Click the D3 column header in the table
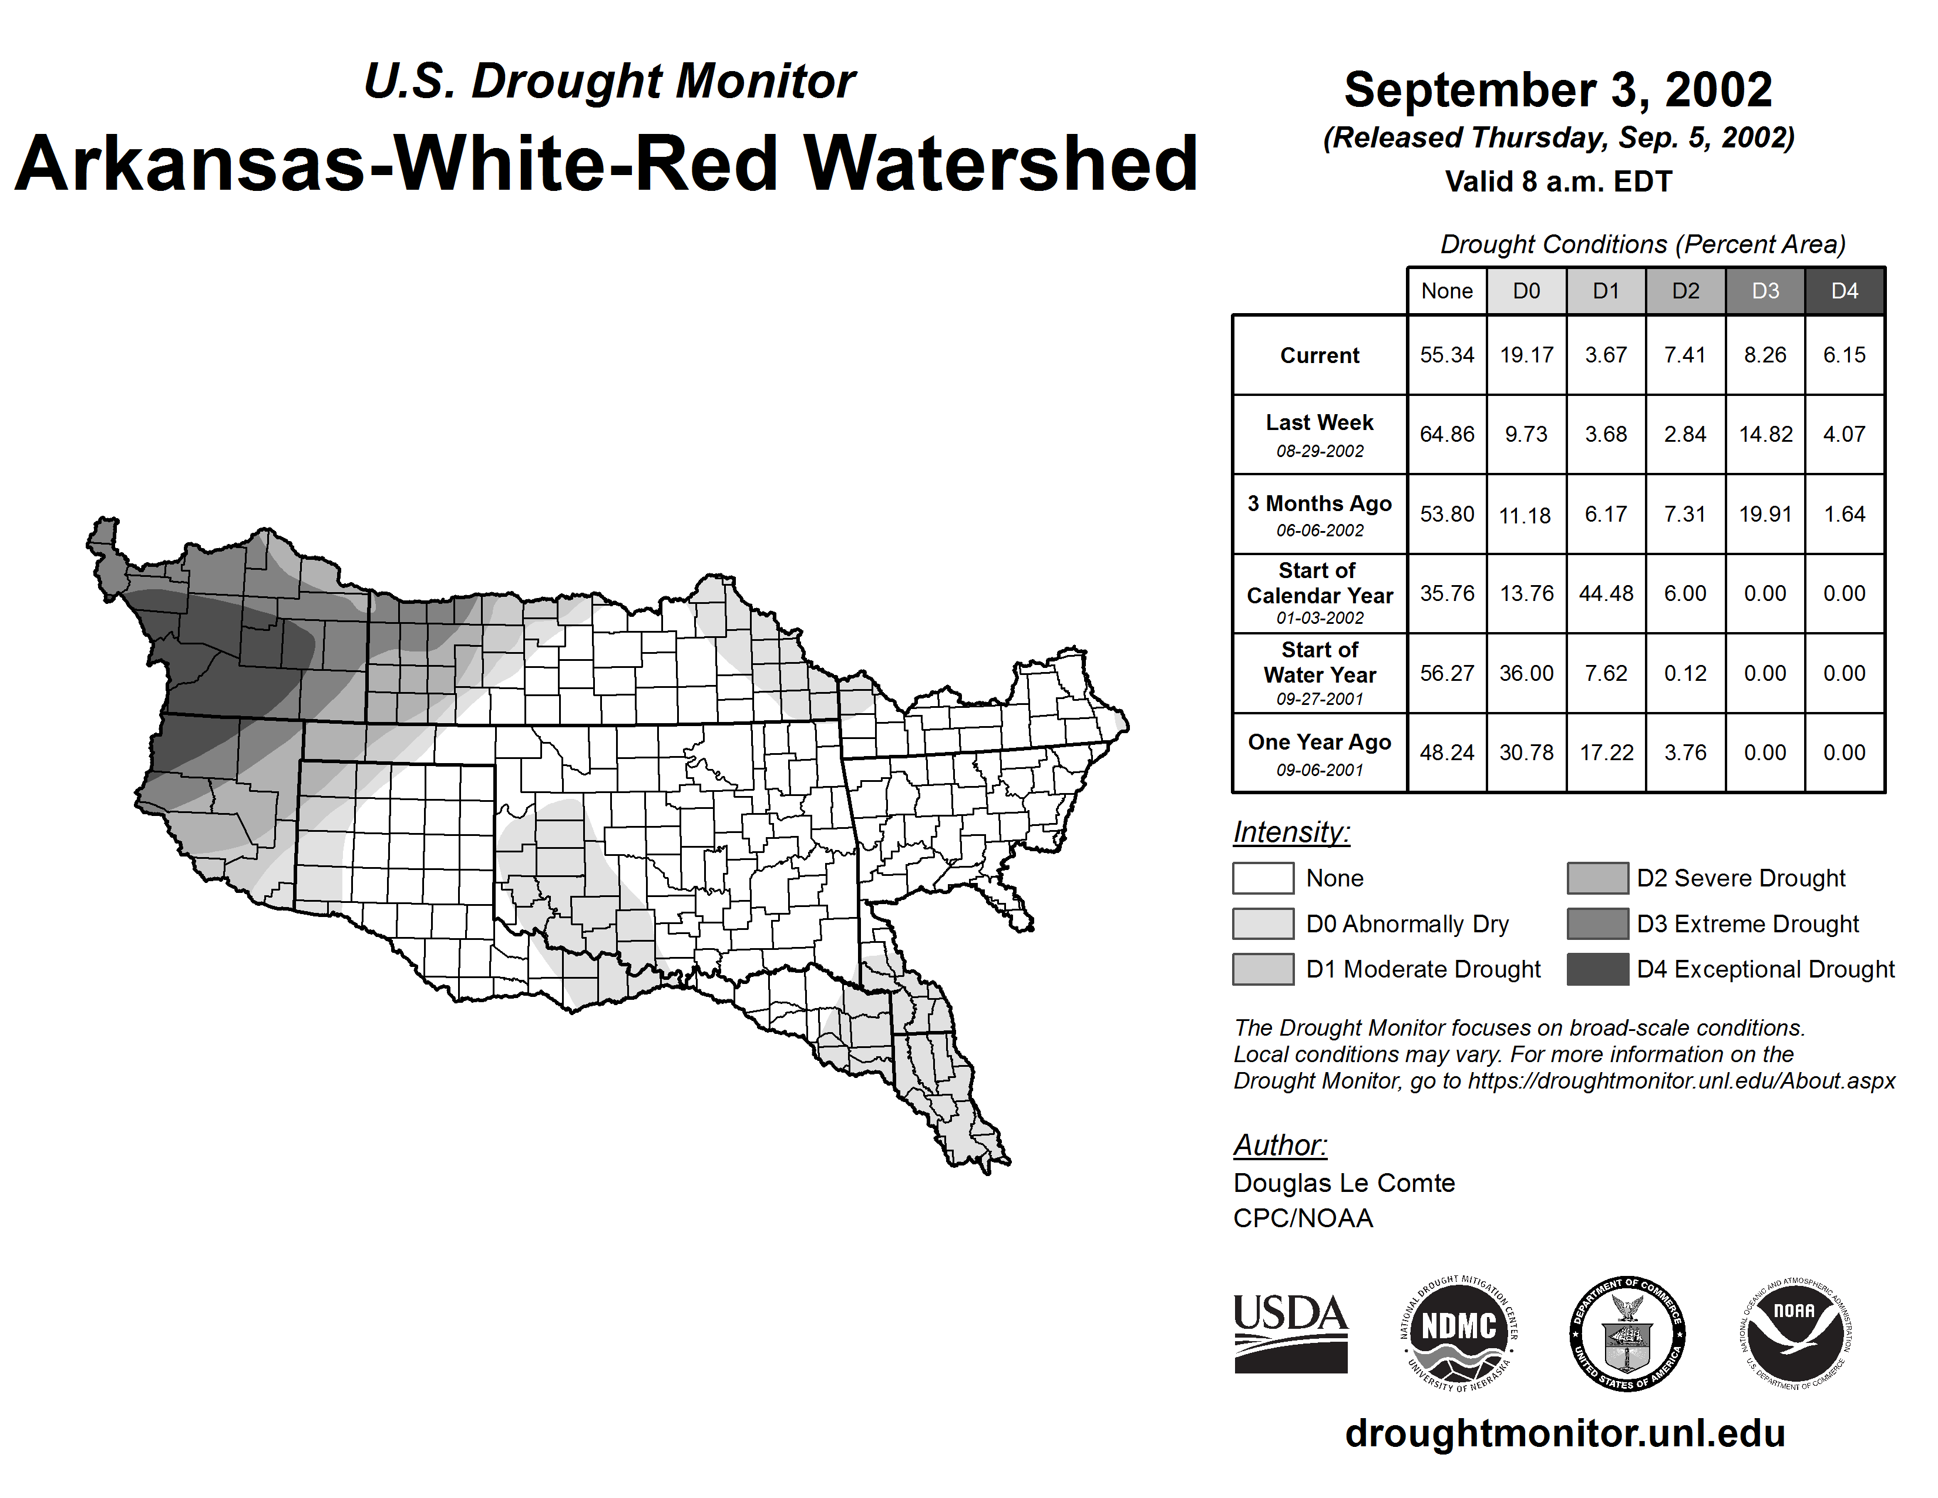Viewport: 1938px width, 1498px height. (1765, 291)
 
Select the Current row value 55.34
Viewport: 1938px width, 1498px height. (1446, 355)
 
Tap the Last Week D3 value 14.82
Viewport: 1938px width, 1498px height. (1765, 434)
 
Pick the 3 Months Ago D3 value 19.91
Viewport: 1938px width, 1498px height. (1765, 514)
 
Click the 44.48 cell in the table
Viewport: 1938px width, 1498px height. (1605, 593)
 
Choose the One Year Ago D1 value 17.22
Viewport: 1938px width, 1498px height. (1605, 753)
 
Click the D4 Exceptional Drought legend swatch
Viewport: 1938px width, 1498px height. (1597, 969)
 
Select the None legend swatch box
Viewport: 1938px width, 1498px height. (1263, 878)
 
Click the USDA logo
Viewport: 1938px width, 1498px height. (1290, 1333)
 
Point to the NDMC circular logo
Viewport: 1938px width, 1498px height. (1459, 1333)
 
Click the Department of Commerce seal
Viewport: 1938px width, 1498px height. (1627, 1333)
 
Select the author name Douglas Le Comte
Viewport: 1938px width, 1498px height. (1344, 1183)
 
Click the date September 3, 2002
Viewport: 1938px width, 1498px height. (1557, 90)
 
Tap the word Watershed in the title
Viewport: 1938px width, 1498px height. (1000, 163)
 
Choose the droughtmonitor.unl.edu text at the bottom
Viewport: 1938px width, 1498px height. (1564, 1433)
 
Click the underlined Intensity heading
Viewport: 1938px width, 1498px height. (1290, 832)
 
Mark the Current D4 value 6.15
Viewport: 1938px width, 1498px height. (1844, 355)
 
